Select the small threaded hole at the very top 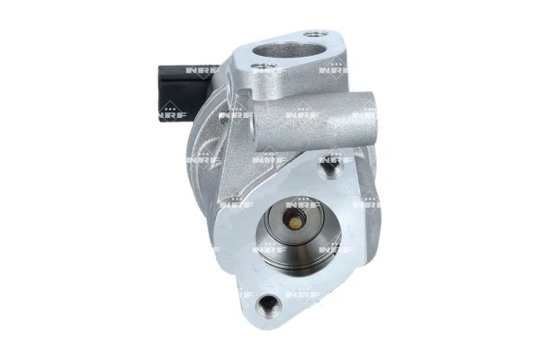[x=310, y=33]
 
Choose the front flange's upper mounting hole [x=332, y=166]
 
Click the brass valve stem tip [x=293, y=221]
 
